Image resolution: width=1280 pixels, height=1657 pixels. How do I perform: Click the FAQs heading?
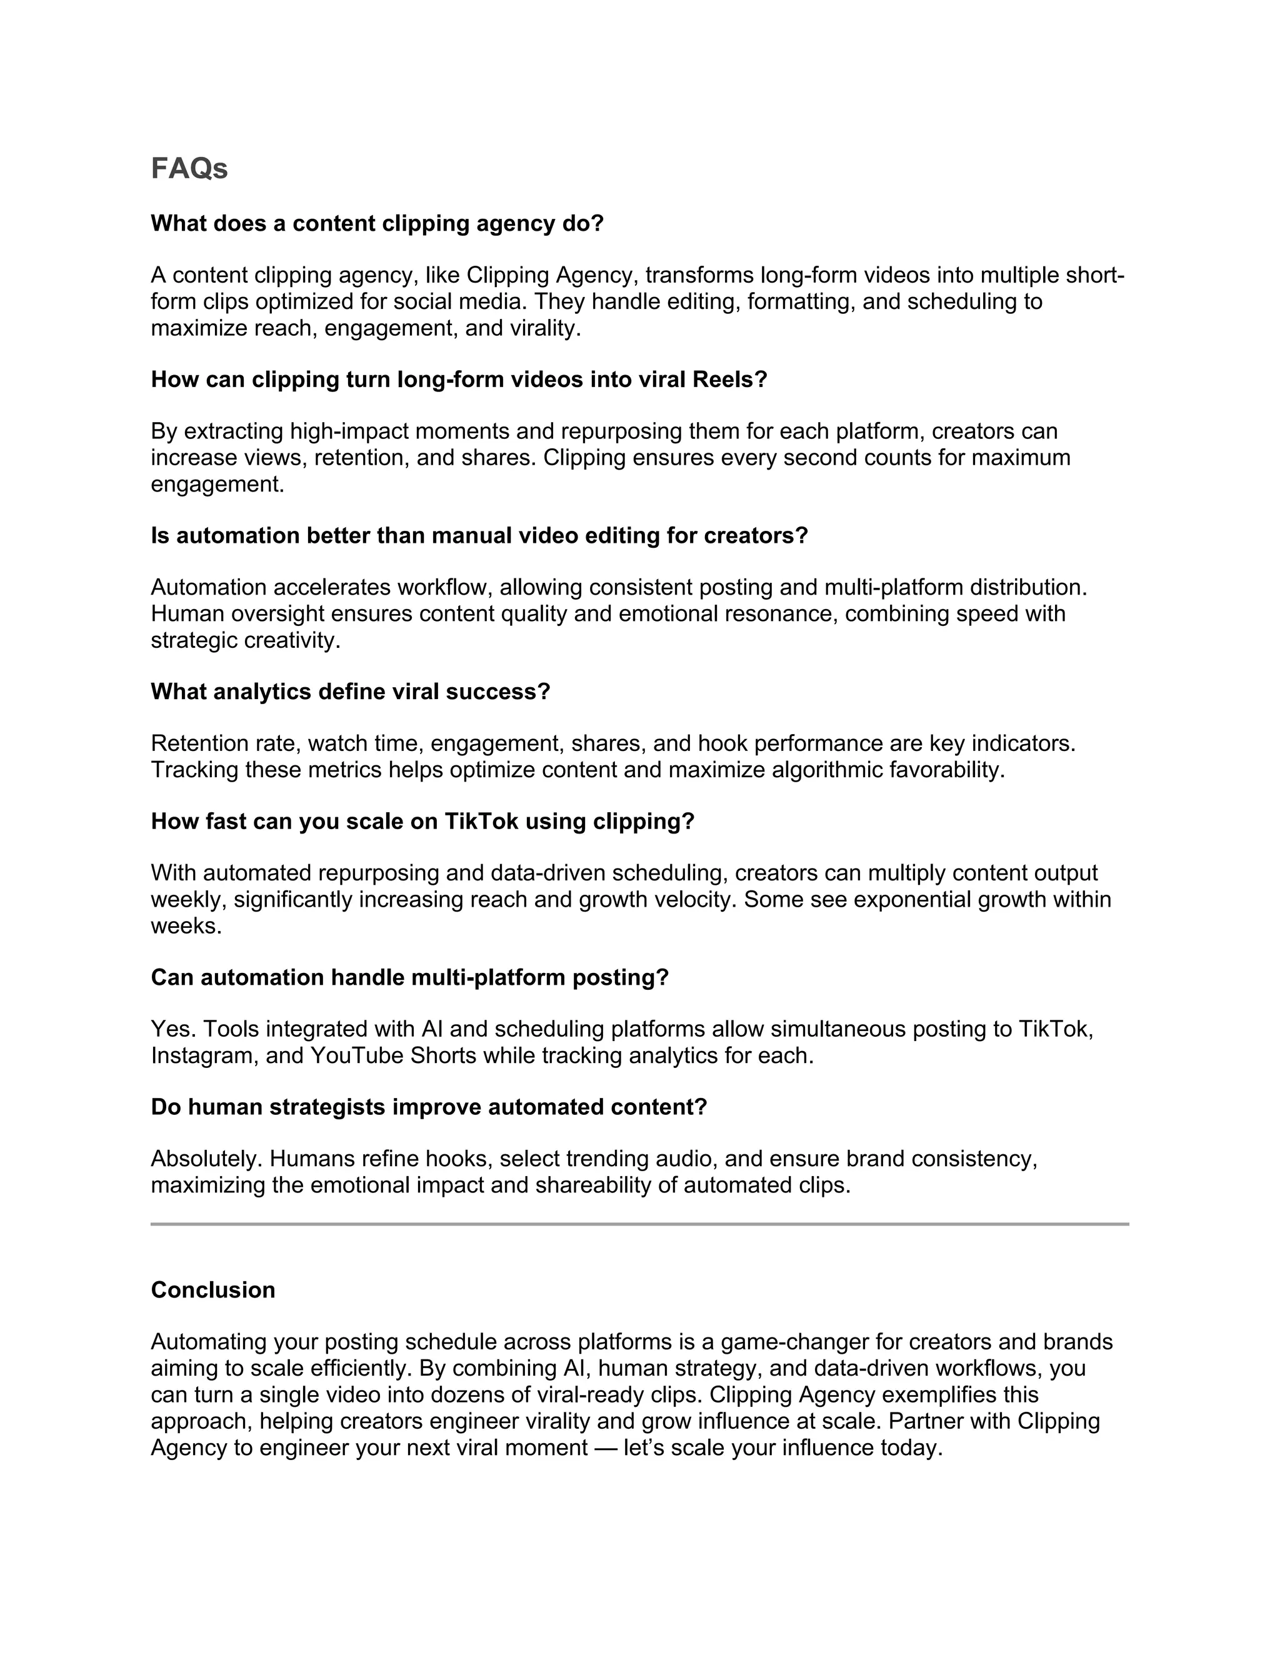tap(189, 168)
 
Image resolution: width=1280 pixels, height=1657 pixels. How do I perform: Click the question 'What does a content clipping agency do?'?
tap(377, 224)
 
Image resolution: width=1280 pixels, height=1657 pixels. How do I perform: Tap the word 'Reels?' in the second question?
tap(729, 380)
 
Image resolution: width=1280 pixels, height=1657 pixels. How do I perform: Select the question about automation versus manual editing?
tap(479, 536)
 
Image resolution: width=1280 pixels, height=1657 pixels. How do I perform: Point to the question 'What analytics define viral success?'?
tap(351, 692)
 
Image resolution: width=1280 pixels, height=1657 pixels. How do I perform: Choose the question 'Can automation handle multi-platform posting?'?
tap(409, 978)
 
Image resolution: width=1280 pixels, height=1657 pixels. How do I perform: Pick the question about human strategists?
tap(428, 1108)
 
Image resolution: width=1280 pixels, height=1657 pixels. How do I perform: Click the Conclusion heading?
tap(213, 1291)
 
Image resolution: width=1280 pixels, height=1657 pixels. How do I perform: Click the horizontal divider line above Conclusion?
tap(639, 1224)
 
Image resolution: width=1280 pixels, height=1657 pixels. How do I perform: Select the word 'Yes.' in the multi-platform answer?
tap(174, 1030)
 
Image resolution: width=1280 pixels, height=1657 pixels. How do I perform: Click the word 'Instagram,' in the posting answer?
tap(205, 1056)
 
